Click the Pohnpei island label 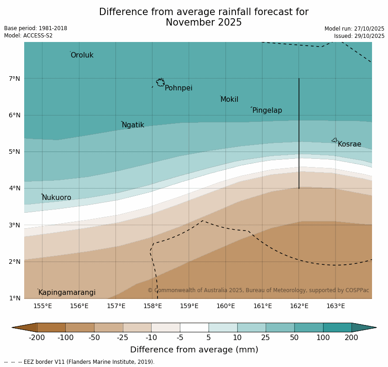(x=178, y=88)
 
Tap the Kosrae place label (x=349, y=144)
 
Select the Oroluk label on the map (x=82, y=55)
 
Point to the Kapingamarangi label (x=67, y=293)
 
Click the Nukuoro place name (x=57, y=198)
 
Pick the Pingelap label (x=267, y=110)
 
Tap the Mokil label (x=229, y=100)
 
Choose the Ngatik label (x=133, y=125)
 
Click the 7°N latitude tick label (x=14, y=79)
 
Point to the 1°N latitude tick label (x=14, y=299)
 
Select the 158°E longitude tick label (x=152, y=306)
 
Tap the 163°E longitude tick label (x=336, y=306)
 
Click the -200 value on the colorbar (x=37, y=338)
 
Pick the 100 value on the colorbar (x=323, y=338)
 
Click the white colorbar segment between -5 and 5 (x=194, y=327)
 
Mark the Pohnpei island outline (x=160, y=83)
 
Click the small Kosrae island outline (x=335, y=140)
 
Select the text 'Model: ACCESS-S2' (x=28, y=36)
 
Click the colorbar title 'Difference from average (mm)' (x=194, y=350)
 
